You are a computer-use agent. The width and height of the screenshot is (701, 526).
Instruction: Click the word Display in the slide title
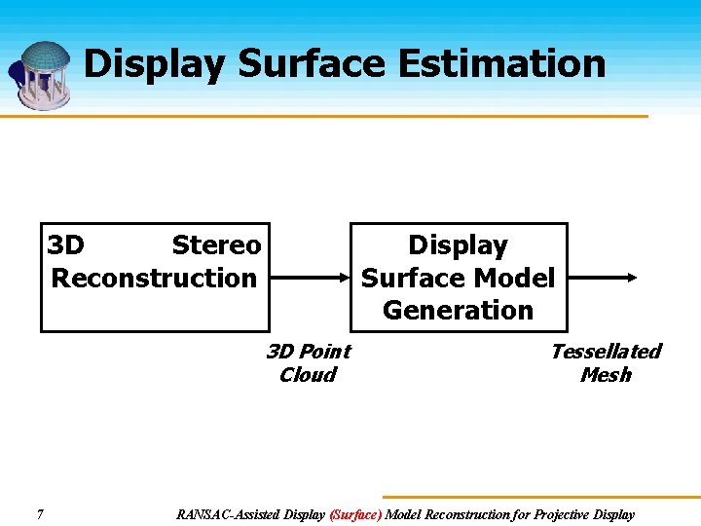pyautogui.click(x=155, y=64)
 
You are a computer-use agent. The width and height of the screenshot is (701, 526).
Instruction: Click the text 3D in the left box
pyautogui.click(x=65, y=244)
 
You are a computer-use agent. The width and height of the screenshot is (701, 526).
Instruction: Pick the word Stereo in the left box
pyautogui.click(x=216, y=244)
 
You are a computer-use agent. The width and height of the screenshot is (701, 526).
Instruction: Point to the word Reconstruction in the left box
pyautogui.click(x=154, y=278)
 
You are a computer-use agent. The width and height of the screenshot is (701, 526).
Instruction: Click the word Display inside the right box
pyautogui.click(x=458, y=245)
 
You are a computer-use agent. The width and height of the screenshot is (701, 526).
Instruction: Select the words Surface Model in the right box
pyautogui.click(x=458, y=278)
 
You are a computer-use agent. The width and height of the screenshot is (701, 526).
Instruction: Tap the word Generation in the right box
pyautogui.click(x=458, y=310)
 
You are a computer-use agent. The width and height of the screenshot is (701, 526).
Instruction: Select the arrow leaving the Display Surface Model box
pyautogui.click(x=603, y=278)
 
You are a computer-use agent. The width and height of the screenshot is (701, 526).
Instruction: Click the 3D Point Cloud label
pyautogui.click(x=308, y=363)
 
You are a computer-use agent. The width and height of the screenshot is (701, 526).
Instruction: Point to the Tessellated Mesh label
pyautogui.click(x=605, y=363)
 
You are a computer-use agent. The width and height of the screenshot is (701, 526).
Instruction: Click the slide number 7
pyautogui.click(x=39, y=514)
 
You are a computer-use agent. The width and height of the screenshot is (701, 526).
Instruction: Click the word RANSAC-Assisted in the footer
pyautogui.click(x=228, y=514)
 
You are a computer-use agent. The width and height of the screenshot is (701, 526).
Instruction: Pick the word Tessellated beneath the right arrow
pyautogui.click(x=605, y=352)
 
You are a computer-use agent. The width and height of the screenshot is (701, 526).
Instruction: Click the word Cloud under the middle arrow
pyautogui.click(x=308, y=375)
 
